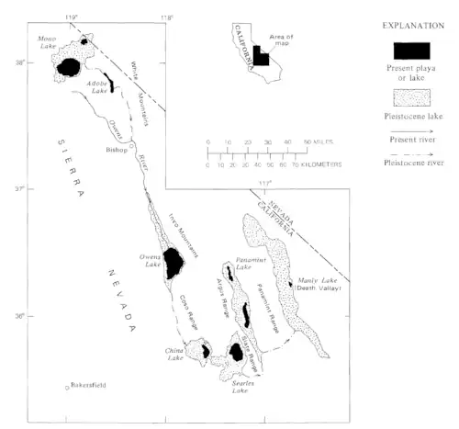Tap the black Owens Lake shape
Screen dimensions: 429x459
tap(172, 265)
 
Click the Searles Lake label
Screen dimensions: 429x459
tap(240, 387)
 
